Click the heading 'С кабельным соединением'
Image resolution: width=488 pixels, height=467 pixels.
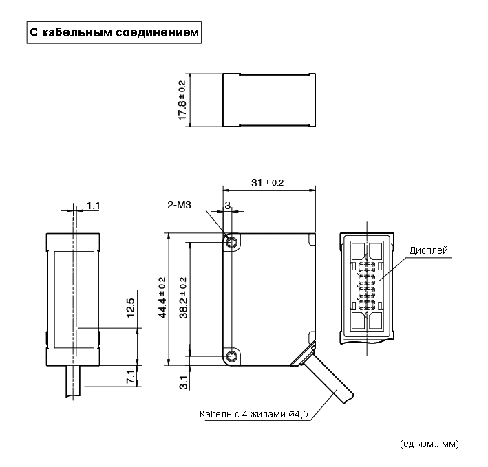(x=114, y=32)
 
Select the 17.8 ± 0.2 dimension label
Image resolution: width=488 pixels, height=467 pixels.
(x=182, y=100)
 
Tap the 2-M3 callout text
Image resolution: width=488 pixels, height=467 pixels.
(x=179, y=204)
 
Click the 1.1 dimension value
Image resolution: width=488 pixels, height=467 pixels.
(x=94, y=205)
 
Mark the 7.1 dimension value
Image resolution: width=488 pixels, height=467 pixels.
(x=131, y=377)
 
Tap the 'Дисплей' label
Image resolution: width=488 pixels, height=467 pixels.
(x=428, y=250)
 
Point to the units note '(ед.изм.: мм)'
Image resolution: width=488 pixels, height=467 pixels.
(x=428, y=444)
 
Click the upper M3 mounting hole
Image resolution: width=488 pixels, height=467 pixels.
(x=231, y=242)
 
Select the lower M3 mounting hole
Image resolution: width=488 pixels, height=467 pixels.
(x=231, y=356)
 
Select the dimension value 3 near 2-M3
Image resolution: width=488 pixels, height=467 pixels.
(x=226, y=205)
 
